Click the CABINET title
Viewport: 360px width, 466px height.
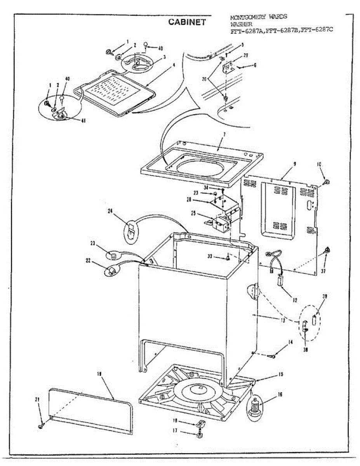(186, 22)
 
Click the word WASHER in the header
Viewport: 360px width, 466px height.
(241, 24)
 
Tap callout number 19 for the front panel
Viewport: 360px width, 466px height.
(99, 374)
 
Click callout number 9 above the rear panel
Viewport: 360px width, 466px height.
(294, 164)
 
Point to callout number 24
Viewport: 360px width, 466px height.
(110, 211)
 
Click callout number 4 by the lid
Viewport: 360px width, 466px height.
(174, 65)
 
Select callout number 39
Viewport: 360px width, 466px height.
(325, 296)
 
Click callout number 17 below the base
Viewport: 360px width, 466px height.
(175, 430)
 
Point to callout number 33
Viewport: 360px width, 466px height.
(210, 256)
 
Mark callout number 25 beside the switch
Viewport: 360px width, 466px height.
(193, 213)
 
